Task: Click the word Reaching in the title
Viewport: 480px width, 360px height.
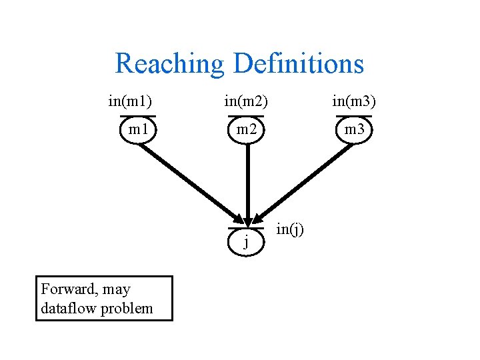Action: click(170, 64)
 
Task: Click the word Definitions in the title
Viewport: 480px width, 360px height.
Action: click(299, 64)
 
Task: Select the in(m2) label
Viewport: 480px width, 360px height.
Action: click(246, 101)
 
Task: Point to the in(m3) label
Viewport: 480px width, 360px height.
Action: click(354, 101)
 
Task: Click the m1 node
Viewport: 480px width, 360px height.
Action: click(139, 129)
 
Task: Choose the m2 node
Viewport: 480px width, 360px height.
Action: click(247, 129)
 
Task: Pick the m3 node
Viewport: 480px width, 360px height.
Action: click(355, 129)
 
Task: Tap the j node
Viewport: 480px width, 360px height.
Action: click(247, 241)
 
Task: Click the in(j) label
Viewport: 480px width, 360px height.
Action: click(290, 229)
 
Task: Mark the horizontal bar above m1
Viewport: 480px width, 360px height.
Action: click(138, 117)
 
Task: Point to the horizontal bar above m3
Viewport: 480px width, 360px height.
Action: click(355, 117)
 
